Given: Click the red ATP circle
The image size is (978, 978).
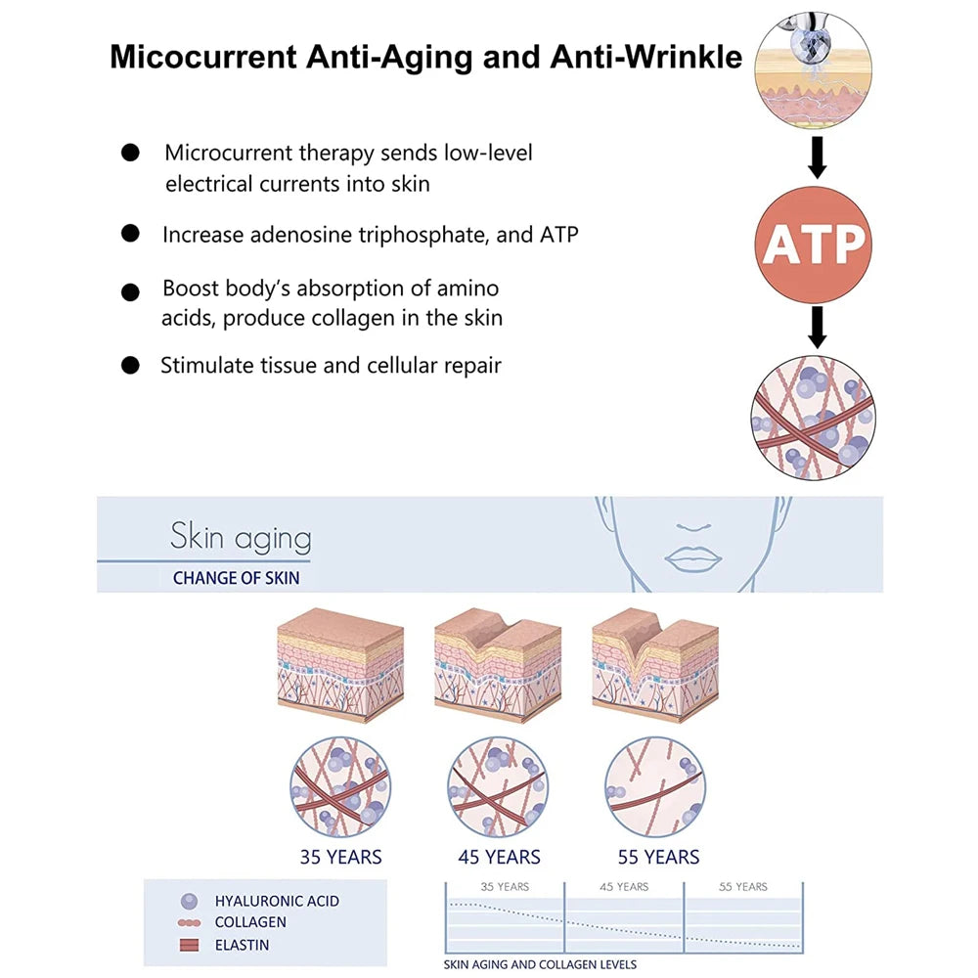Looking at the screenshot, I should (814, 244).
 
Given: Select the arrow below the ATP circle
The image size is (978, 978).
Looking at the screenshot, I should (817, 328).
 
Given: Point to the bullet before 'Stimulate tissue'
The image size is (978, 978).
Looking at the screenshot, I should (130, 366).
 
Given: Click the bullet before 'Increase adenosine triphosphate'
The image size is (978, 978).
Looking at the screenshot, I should (130, 234).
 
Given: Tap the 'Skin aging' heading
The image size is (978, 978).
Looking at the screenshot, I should (241, 537).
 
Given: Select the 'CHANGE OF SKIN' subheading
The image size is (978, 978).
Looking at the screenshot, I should (236, 578).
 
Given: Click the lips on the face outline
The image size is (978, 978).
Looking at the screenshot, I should (692, 557).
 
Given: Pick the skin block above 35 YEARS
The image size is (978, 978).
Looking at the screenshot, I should (340, 665).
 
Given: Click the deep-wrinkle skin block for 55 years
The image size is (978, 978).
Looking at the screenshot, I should (655, 665).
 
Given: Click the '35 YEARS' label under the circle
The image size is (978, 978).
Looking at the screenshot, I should (340, 858).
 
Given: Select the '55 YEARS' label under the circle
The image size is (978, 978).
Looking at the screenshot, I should (658, 858).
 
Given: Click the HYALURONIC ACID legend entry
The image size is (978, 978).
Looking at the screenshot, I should (277, 901).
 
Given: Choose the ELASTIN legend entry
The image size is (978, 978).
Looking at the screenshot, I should (242, 945).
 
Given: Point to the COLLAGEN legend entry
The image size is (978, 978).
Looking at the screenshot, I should (250, 922).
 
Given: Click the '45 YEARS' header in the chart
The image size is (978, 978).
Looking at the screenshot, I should (624, 887).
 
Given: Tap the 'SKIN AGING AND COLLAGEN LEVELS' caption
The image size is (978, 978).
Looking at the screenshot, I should (540, 965).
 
